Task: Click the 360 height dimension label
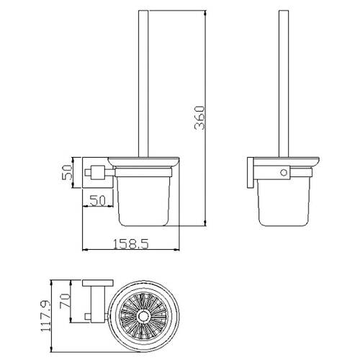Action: [200, 117]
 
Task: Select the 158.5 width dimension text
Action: [131, 244]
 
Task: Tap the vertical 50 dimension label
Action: [67, 172]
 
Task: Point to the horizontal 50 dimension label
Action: [97, 200]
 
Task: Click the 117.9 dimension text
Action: [46, 315]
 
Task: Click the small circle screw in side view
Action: [284, 173]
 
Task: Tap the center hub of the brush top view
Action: [144, 316]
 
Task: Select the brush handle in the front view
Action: [143, 84]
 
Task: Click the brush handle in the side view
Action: [284, 84]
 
